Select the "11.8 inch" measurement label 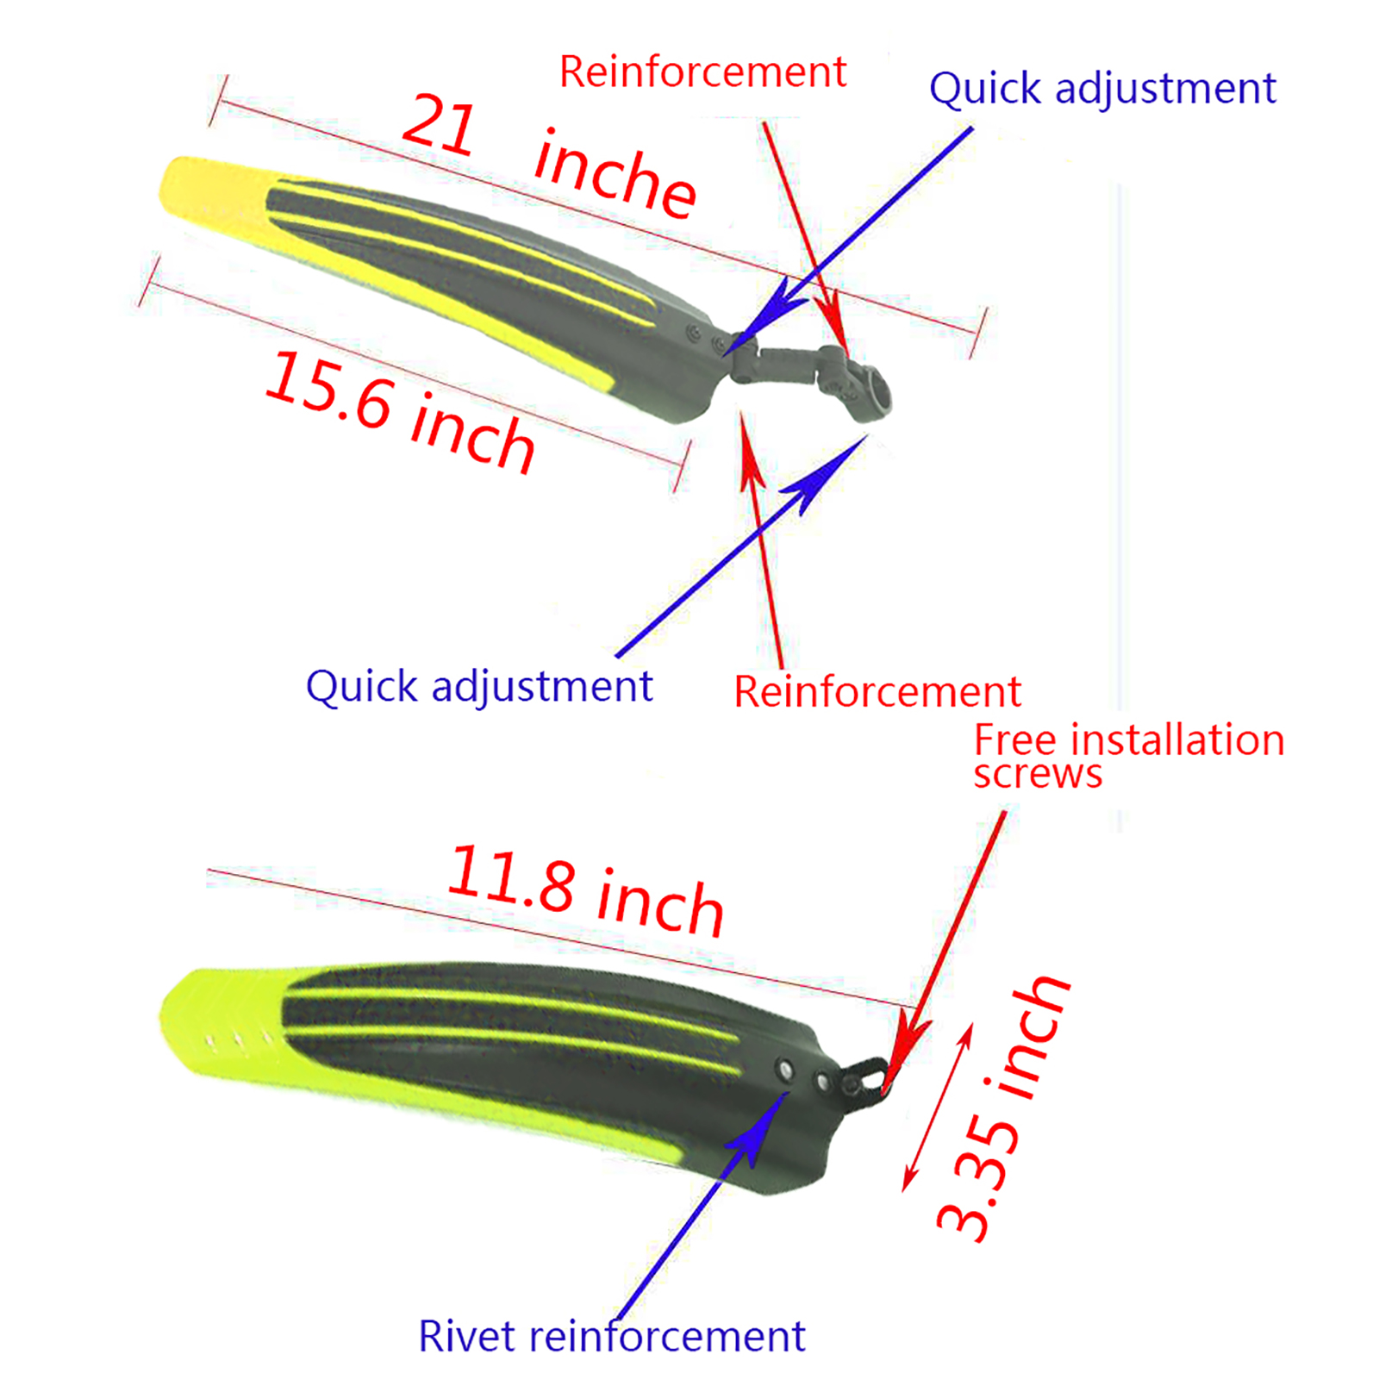click(x=586, y=891)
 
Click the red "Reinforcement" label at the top click(x=702, y=72)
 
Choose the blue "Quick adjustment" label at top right click(x=1101, y=89)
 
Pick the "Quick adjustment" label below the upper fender click(x=479, y=687)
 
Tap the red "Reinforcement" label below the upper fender click(x=877, y=692)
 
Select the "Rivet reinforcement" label click(x=611, y=1337)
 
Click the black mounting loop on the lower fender click(x=866, y=1077)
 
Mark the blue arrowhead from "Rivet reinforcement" click(x=763, y=1125)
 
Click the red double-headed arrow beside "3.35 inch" click(x=938, y=1108)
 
